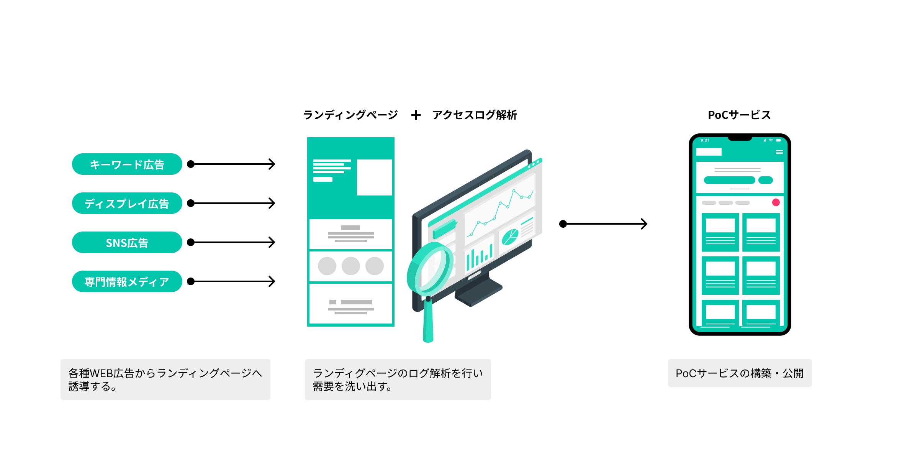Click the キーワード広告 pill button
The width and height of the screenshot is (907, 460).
click(x=127, y=164)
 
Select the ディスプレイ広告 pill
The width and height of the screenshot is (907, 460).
click(x=127, y=203)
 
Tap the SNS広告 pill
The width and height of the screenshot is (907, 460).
click(x=127, y=242)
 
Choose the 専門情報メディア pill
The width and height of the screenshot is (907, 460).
click(x=127, y=281)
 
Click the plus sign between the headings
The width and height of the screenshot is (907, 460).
click(x=416, y=115)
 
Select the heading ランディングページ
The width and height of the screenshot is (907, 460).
click(x=350, y=115)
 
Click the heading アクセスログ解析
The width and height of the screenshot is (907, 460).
click(x=475, y=115)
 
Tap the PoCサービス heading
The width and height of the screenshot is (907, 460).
click(x=739, y=115)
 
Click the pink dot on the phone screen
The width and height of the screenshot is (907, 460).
click(x=776, y=202)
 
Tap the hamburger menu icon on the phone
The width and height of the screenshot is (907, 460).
click(x=779, y=152)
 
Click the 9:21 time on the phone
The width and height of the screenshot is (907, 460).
click(x=705, y=140)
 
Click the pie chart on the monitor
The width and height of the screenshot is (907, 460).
click(x=510, y=237)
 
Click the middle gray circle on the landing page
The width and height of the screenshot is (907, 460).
click(x=351, y=266)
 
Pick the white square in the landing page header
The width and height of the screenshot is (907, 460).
click(x=374, y=177)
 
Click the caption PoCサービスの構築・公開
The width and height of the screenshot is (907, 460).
click(x=740, y=373)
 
